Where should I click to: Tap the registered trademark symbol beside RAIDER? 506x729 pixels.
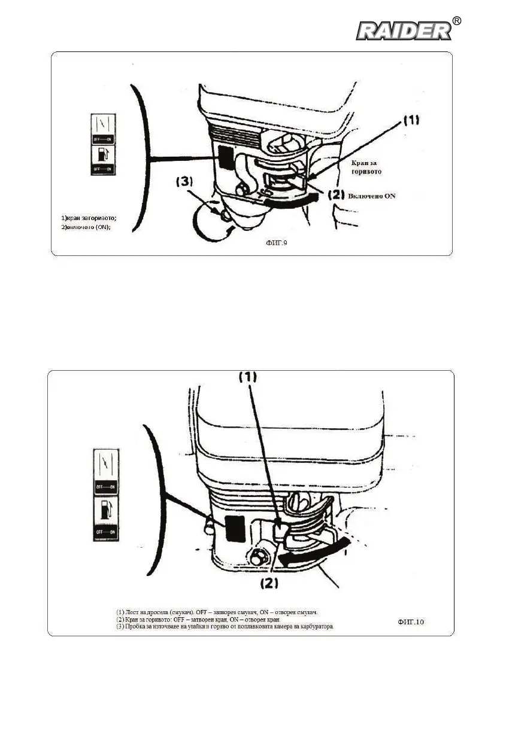click(457, 21)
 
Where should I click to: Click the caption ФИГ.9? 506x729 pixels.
click(277, 243)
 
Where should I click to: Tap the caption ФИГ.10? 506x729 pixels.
click(411, 622)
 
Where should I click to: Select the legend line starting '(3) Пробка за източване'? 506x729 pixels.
click(225, 627)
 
